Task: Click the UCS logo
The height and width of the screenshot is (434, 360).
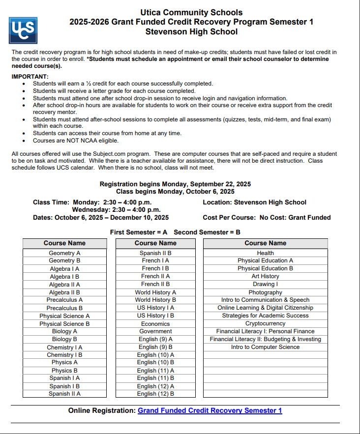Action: pyautogui.click(x=23, y=30)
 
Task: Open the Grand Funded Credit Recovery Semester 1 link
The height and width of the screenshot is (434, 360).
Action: pyautogui.click(x=210, y=410)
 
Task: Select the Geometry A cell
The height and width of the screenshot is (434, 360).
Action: pyautogui.click(x=64, y=253)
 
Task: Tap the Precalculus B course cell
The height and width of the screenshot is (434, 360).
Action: pyautogui.click(x=64, y=308)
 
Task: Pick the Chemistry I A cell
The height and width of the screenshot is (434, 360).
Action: pyautogui.click(x=64, y=347)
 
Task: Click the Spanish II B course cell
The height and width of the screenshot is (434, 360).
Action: pyautogui.click(x=155, y=253)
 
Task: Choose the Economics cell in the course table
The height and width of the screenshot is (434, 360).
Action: pyautogui.click(x=155, y=324)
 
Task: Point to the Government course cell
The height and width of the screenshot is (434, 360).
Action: pyautogui.click(x=155, y=332)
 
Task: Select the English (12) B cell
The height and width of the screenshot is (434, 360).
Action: pyautogui.click(x=155, y=394)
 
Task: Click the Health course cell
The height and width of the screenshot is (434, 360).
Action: pyautogui.click(x=265, y=253)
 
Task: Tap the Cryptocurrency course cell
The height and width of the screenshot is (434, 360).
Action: pyautogui.click(x=265, y=323)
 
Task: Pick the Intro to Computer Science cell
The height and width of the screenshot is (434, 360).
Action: pyautogui.click(x=265, y=347)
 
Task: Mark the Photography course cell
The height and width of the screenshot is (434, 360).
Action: pyautogui.click(x=265, y=292)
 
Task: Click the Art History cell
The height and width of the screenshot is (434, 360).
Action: pyautogui.click(x=265, y=276)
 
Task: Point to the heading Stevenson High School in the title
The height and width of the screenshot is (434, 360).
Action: pyautogui.click(x=191, y=32)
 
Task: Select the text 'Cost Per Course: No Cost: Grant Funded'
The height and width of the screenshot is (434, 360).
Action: pyautogui.click(x=267, y=217)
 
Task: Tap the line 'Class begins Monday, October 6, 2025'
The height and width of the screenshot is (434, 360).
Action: pyautogui.click(x=175, y=191)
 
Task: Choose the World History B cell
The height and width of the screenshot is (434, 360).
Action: pyautogui.click(x=155, y=300)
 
